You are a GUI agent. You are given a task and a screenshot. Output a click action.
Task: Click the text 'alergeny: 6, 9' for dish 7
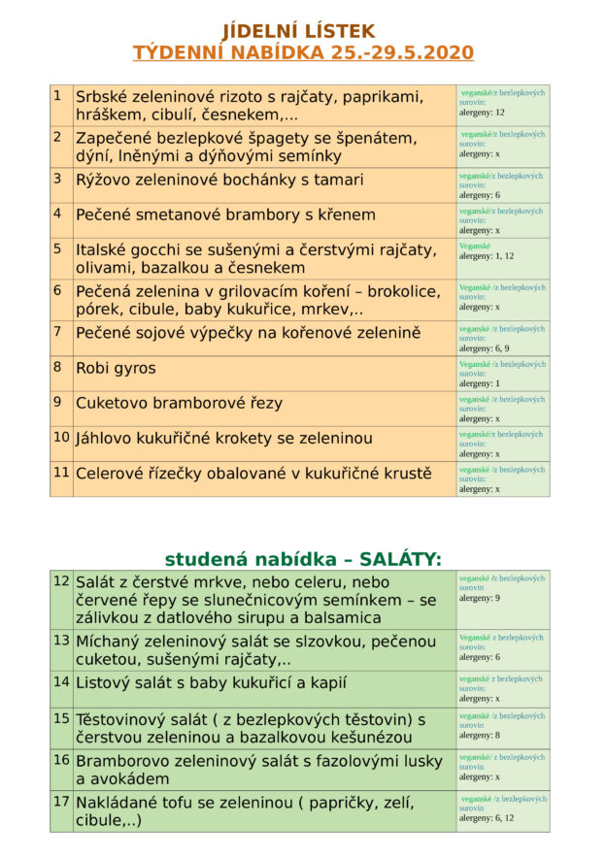(x=485, y=347)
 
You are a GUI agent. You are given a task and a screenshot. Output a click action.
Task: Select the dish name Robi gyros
(x=116, y=368)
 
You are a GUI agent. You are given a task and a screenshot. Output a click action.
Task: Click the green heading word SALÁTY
(x=400, y=559)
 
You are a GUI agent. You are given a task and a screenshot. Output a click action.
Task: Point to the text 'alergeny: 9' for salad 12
(x=480, y=598)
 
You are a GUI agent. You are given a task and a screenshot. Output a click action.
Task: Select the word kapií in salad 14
(x=324, y=682)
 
